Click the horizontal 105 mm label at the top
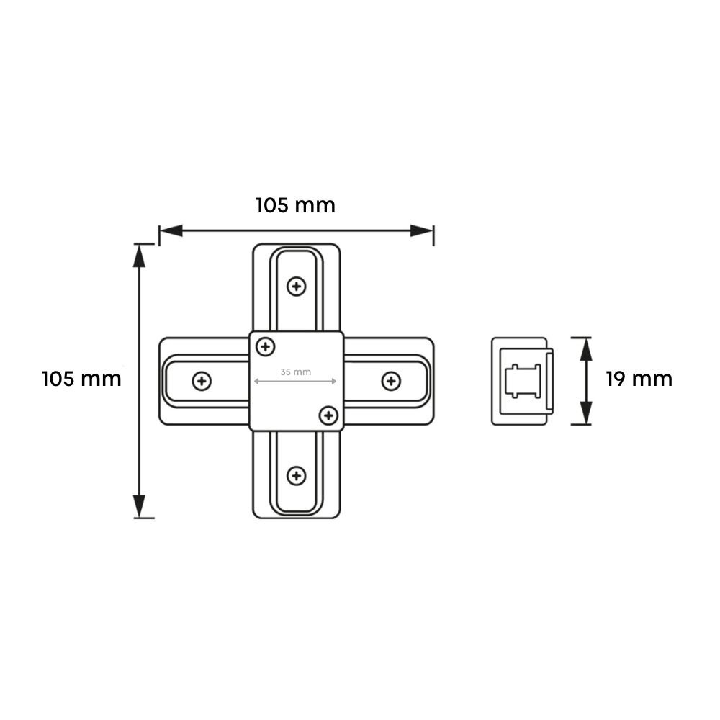(x=295, y=205)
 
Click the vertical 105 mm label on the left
(x=81, y=379)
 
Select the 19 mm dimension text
(x=639, y=379)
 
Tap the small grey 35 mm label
(x=295, y=372)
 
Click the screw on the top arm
(x=296, y=287)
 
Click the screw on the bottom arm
(x=296, y=475)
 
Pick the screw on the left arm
(x=202, y=381)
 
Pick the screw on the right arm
(x=390, y=381)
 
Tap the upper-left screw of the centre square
(x=266, y=347)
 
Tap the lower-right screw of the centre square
(x=328, y=415)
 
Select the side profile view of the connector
(x=521, y=381)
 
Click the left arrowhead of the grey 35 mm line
(x=255, y=381)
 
